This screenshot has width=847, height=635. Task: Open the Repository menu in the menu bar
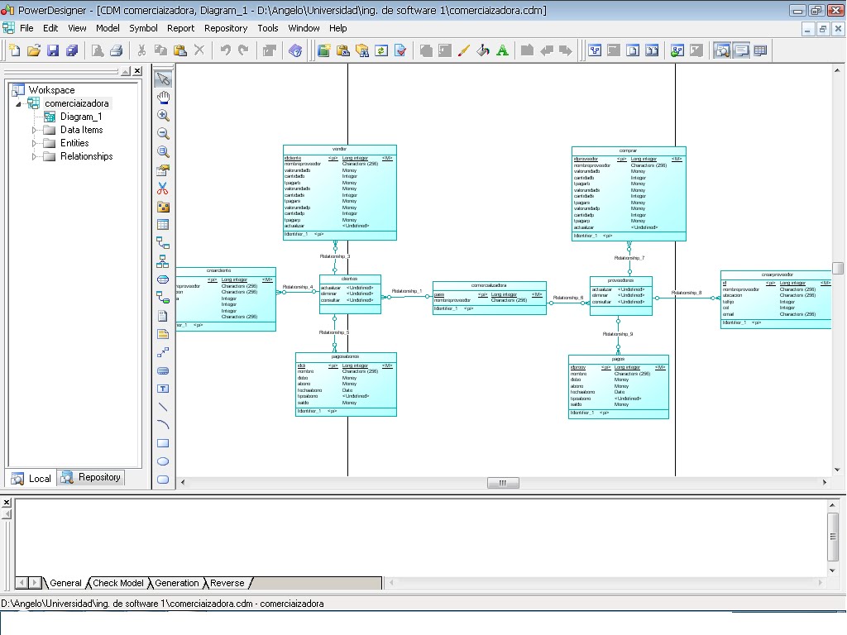[226, 28]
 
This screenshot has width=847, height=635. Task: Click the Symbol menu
[143, 28]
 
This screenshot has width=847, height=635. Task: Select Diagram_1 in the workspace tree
[81, 117]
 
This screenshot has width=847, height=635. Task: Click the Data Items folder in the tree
[81, 130]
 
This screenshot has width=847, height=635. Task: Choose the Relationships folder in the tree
[86, 156]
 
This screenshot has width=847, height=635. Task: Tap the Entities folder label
[74, 143]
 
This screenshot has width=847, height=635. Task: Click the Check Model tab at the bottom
[118, 583]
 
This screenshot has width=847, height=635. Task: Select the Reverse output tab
[227, 583]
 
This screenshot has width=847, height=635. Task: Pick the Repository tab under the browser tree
[99, 478]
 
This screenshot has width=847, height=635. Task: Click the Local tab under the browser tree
[39, 478]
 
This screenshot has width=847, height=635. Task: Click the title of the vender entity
[339, 150]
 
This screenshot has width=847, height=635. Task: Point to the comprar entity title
[629, 150]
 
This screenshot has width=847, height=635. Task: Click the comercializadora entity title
[489, 285]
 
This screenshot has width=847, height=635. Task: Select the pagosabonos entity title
[346, 356]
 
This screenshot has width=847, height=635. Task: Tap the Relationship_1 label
[407, 291]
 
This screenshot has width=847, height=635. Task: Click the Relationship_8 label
[687, 293]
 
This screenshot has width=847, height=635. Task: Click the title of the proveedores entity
[620, 280]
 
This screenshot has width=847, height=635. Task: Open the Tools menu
[268, 28]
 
